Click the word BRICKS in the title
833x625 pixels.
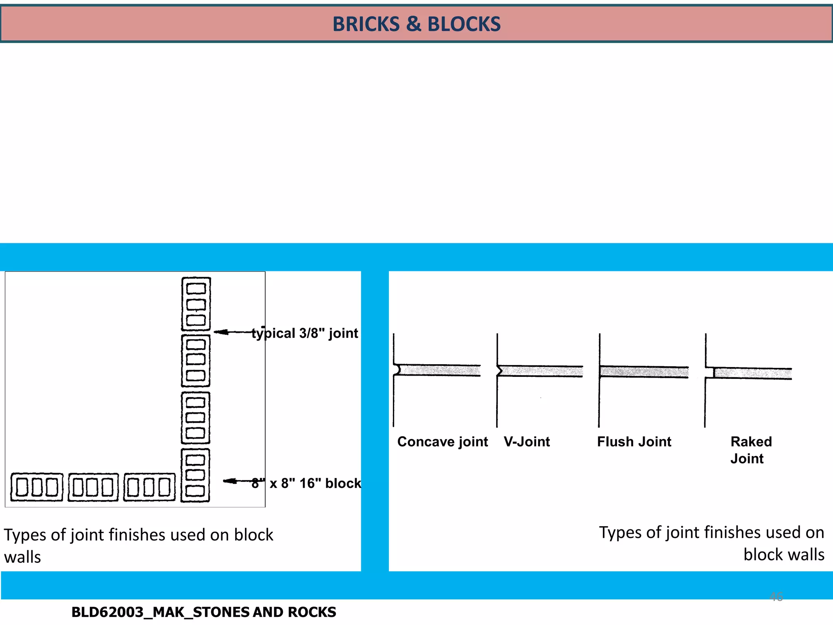tap(366, 24)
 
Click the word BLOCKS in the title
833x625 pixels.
tap(464, 24)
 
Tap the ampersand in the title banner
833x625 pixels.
tap(414, 24)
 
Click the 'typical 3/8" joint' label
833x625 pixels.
tap(305, 333)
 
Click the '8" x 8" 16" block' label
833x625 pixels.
tap(306, 483)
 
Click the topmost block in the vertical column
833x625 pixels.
tap(196, 304)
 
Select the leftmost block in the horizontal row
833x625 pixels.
tap(37, 487)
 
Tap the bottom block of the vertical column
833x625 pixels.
tap(196, 475)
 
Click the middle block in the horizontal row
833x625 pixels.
tap(93, 487)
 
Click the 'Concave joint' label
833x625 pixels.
tap(443, 441)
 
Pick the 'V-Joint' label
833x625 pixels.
tap(527, 441)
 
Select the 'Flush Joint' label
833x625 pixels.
tap(634, 441)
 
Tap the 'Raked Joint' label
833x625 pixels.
tap(751, 450)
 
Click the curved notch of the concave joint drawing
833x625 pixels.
tap(397, 370)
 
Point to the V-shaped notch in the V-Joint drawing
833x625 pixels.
tap(500, 371)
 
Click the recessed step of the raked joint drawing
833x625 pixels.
tap(710, 372)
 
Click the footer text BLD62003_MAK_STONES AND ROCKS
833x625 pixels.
tap(203, 612)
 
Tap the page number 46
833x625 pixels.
tap(776, 597)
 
